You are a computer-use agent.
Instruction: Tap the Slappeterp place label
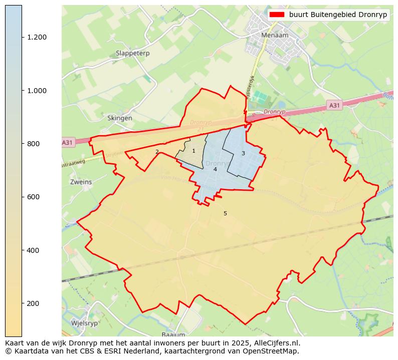132,53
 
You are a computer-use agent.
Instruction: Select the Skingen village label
120,118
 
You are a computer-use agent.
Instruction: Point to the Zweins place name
81,182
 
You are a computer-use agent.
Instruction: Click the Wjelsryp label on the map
84,323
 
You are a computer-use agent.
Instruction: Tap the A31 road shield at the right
334,105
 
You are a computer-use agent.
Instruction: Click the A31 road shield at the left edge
67,143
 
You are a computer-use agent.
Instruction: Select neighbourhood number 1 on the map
193,151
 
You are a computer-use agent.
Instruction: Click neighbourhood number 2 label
157,152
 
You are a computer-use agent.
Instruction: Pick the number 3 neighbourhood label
243,153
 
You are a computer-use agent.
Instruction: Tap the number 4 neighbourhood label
215,169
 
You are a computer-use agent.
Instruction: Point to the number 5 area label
225,213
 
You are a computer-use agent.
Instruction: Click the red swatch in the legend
277,15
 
